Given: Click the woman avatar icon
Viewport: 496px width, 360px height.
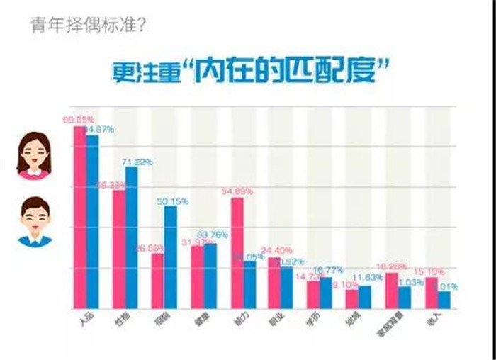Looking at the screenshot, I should click(34, 156).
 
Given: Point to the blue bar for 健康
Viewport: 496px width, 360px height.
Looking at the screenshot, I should click(210, 276).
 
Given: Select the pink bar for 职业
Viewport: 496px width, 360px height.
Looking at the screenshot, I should click(274, 283).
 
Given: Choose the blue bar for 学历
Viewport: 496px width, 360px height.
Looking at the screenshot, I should click(326, 293).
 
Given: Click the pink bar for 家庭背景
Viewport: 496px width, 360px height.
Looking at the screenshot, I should click(390, 291).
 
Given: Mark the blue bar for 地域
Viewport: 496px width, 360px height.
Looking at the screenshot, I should click(365, 297).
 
